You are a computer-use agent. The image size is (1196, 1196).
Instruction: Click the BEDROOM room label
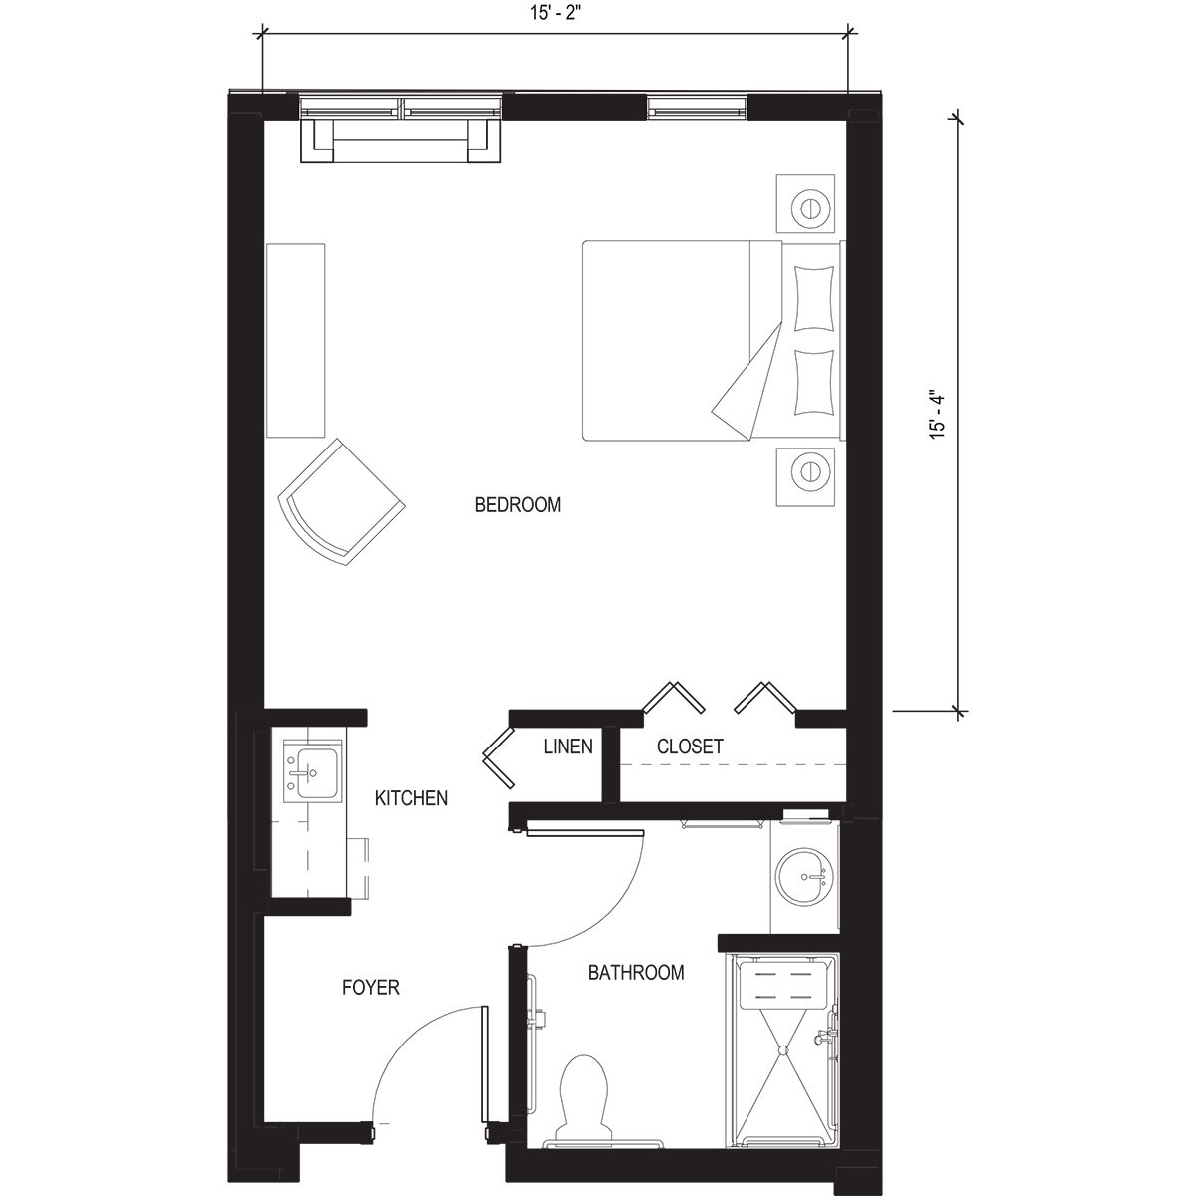[517, 505]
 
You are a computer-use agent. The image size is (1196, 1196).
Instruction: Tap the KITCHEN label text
[411, 798]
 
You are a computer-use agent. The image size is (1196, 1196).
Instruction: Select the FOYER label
[370, 988]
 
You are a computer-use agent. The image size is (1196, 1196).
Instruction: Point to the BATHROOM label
[635, 973]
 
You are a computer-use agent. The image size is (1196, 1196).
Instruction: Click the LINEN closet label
[568, 747]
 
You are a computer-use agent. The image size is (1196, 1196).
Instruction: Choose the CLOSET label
[690, 747]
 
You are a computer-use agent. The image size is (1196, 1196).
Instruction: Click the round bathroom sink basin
[803, 874]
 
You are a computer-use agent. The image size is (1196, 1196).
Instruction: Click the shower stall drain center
[783, 1046]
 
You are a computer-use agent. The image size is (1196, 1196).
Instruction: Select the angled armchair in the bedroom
[342, 502]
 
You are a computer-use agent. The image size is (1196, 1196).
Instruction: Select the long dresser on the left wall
[296, 340]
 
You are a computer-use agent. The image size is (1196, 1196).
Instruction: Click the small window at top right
[696, 106]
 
